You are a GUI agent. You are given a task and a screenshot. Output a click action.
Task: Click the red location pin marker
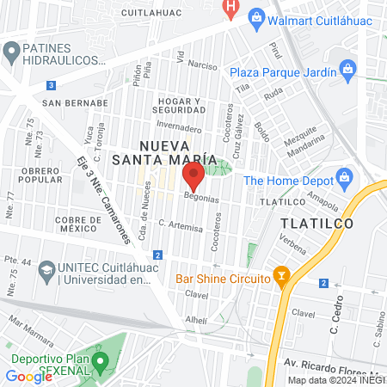193,177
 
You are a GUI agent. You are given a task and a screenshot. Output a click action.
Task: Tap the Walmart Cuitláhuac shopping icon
255,18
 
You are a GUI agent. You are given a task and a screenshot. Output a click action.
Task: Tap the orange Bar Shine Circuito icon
280,277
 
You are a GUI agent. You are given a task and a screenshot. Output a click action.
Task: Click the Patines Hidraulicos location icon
11,52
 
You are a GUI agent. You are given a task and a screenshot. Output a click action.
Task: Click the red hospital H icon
229,7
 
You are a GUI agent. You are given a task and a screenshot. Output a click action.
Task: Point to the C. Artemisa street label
180,226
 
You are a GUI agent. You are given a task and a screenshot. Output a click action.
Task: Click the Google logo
29,376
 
